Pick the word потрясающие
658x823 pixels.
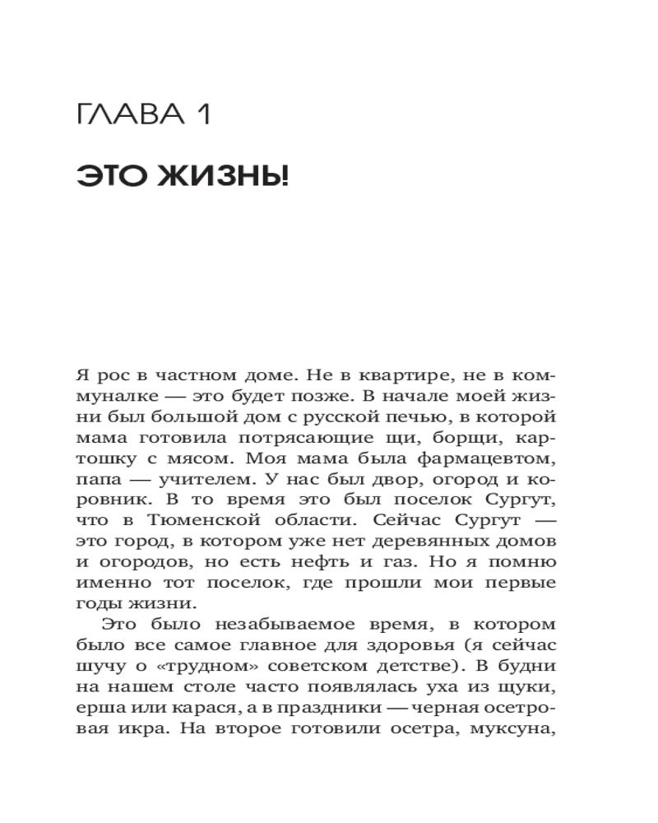[x=316, y=439]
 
